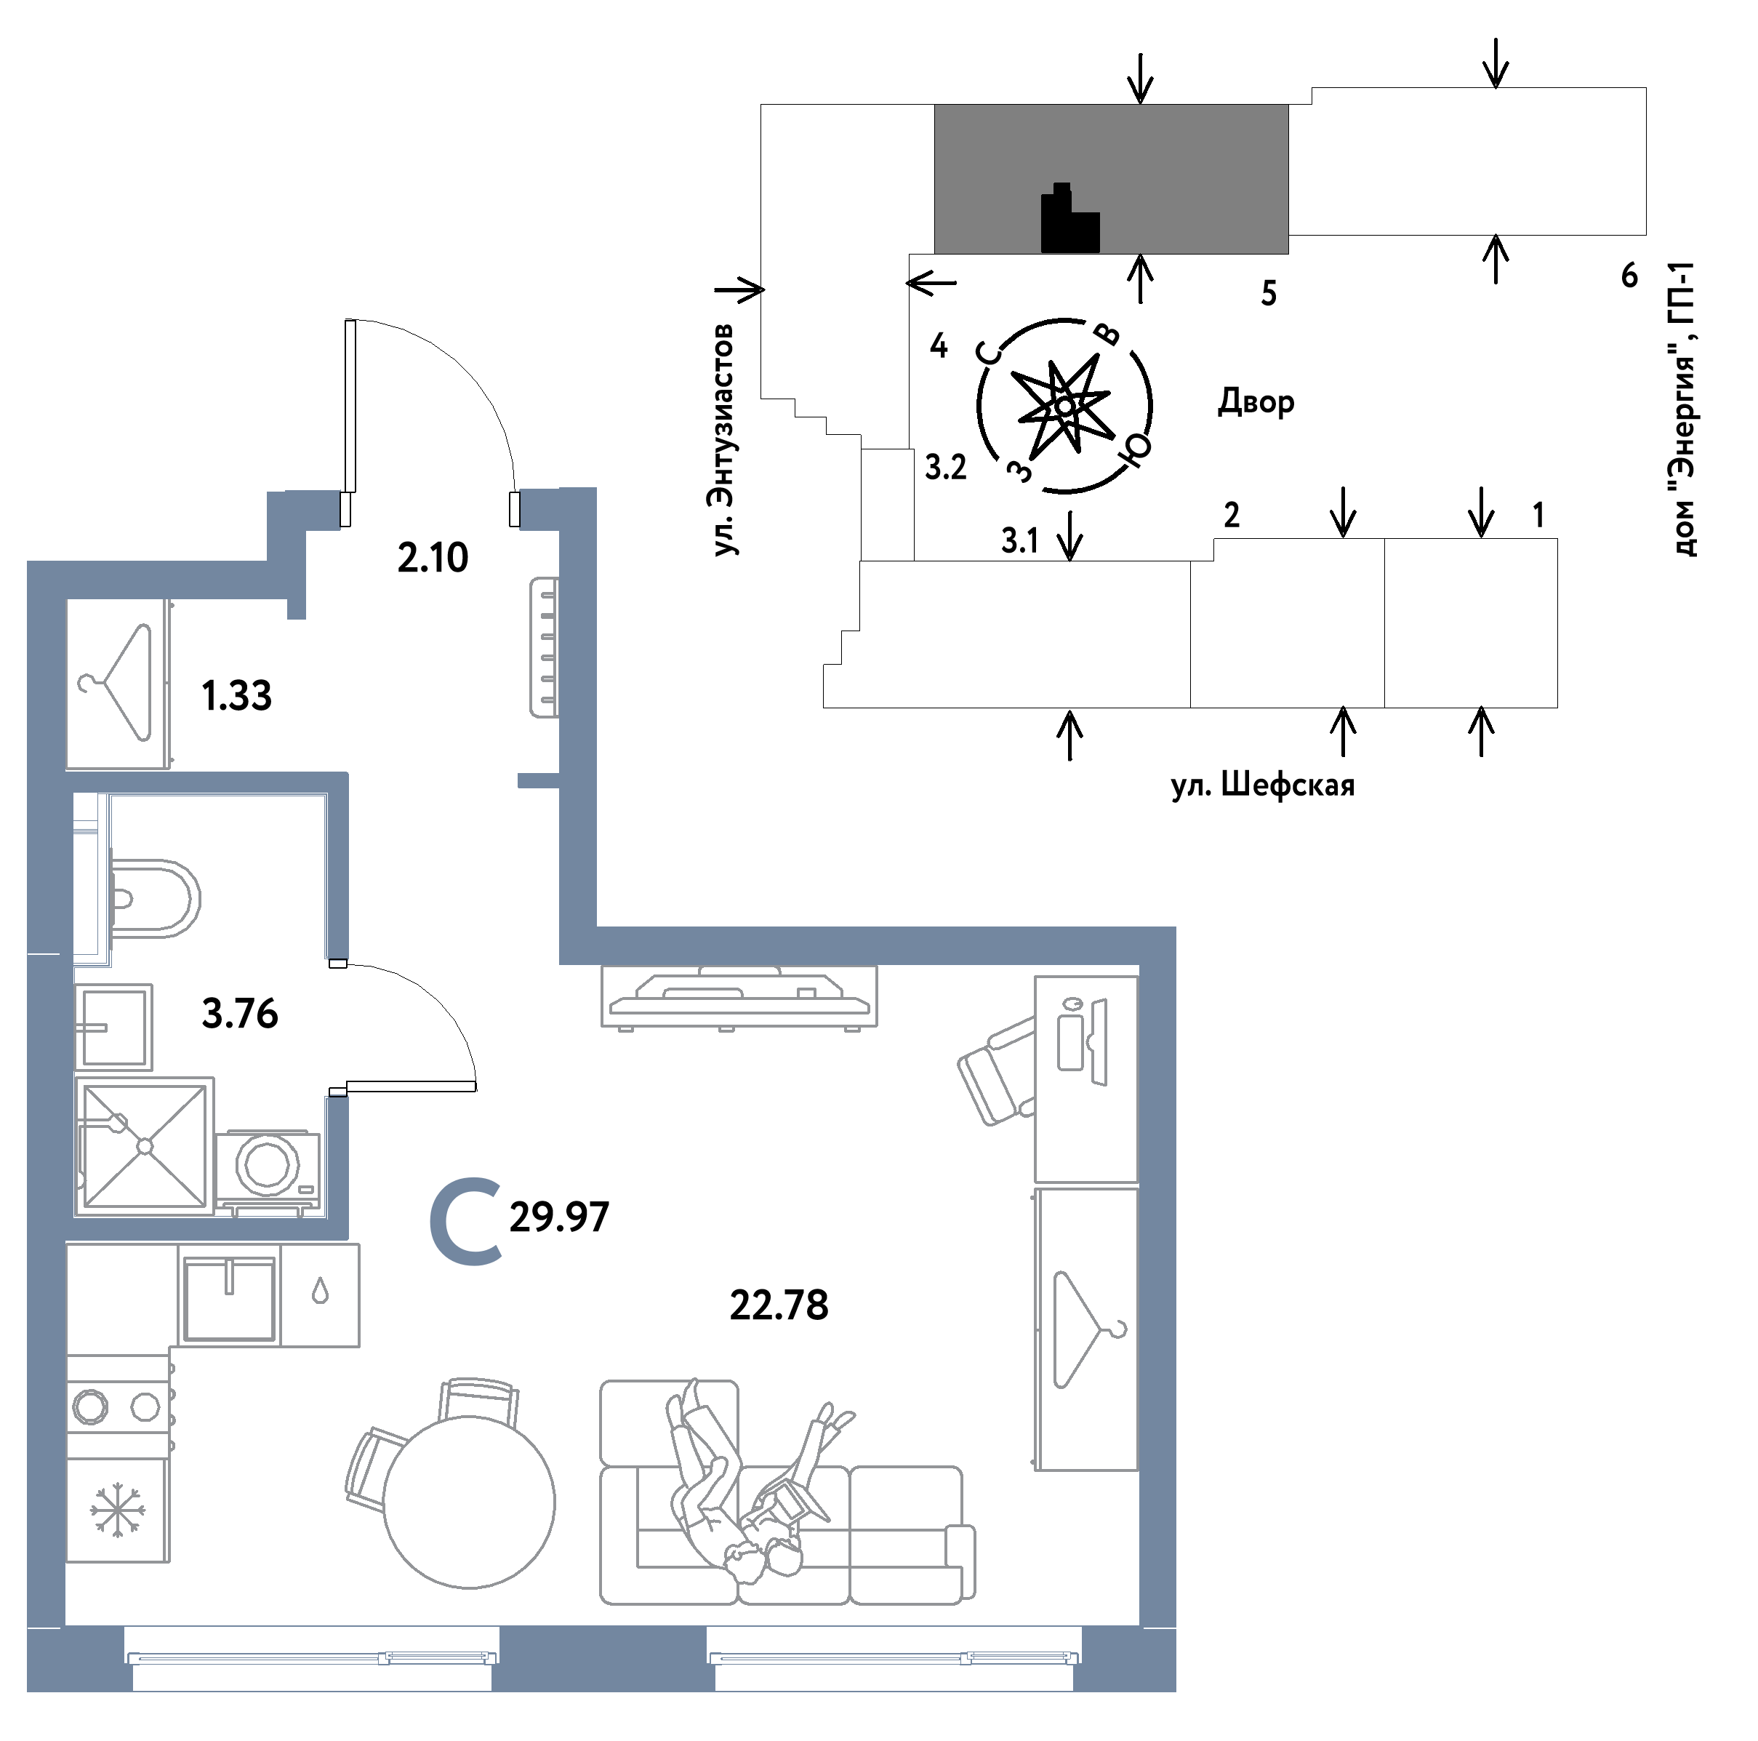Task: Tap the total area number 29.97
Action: coord(558,1217)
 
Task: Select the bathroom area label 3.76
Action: coord(240,1014)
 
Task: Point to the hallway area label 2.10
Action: coord(433,557)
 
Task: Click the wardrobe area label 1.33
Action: coord(236,696)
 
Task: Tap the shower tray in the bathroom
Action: coord(144,1146)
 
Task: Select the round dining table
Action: coord(469,1502)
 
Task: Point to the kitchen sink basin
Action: coord(228,1300)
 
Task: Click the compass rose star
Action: coord(1064,405)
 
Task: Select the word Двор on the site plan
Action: coord(1256,401)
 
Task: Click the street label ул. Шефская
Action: coord(1263,785)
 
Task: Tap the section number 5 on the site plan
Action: coord(1269,293)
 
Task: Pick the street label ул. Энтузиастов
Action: coord(723,439)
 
